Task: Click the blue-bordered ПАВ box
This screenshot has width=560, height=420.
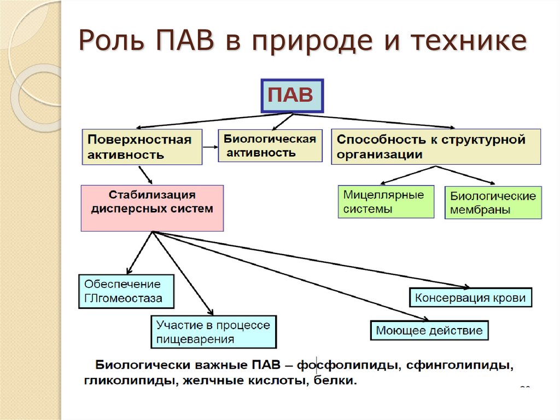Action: pyautogui.click(x=292, y=96)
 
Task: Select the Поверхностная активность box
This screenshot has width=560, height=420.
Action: pyautogui.click(x=142, y=147)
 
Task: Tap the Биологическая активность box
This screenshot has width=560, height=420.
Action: pyautogui.click(x=270, y=145)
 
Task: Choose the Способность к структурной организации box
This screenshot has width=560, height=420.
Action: pyautogui.click(x=435, y=147)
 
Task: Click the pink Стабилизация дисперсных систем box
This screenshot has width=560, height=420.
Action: pyautogui.click(x=152, y=208)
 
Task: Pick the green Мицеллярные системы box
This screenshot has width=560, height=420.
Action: pyautogui.click(x=386, y=202)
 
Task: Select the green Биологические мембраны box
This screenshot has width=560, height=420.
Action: pyautogui.click(x=493, y=203)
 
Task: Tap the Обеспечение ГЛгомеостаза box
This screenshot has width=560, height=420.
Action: pyautogui.click(x=126, y=291)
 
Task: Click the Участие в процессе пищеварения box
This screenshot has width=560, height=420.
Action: pyautogui.click(x=213, y=332)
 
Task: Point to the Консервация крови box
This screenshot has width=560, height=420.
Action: pyautogui.click(x=470, y=298)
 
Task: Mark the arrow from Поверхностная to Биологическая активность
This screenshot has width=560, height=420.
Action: pyautogui.click(x=210, y=147)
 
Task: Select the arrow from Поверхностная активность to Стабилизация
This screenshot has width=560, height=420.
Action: pyautogui.click(x=145, y=175)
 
